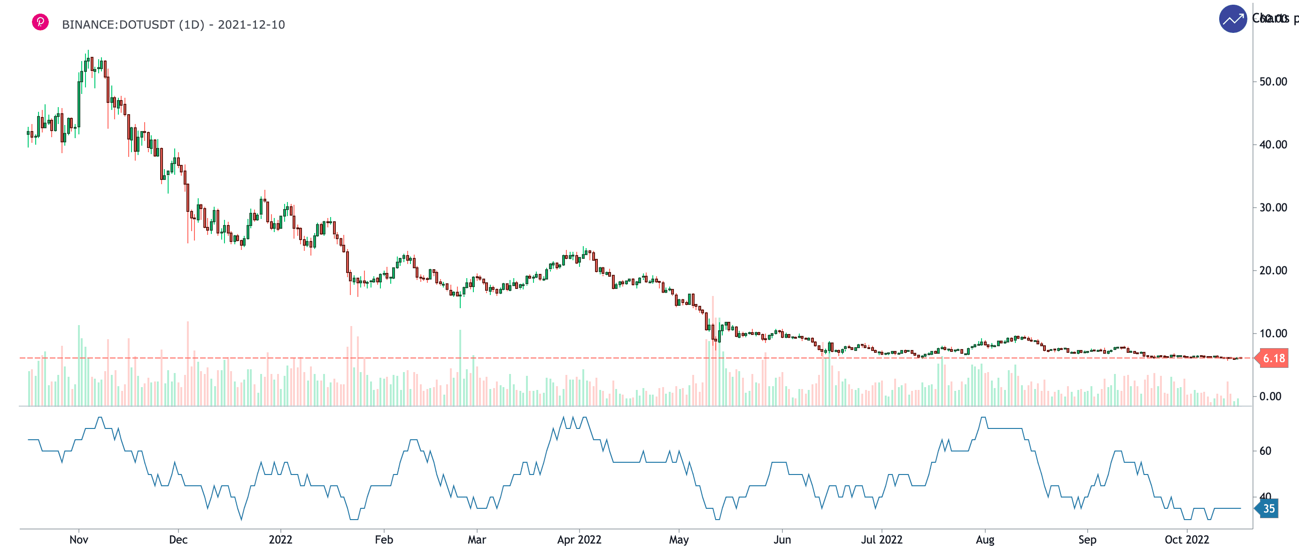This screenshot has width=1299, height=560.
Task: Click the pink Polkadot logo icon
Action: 40,22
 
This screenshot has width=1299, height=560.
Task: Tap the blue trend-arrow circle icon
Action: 1232,19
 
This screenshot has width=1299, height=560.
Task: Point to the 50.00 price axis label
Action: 1273,82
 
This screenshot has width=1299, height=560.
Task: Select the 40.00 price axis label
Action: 1273,145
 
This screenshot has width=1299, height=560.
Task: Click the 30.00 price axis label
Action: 1273,207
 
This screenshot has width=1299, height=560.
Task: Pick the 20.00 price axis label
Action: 1273,271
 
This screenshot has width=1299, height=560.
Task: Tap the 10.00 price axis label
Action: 1273,334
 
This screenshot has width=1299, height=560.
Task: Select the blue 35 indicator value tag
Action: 1268,508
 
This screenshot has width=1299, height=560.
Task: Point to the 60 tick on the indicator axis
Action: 1265,451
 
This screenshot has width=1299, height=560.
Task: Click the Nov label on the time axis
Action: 79,540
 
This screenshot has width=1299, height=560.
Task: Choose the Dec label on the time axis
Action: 178,540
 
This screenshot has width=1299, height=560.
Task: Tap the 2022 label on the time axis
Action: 280,540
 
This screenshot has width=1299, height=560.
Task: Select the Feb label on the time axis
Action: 384,540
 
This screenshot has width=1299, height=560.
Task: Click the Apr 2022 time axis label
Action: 579,540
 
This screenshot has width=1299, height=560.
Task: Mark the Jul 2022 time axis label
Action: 881,540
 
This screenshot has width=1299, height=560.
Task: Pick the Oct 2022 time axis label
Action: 1187,540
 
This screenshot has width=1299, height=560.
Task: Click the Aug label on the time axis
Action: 985,540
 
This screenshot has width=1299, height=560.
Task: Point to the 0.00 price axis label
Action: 1270,397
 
